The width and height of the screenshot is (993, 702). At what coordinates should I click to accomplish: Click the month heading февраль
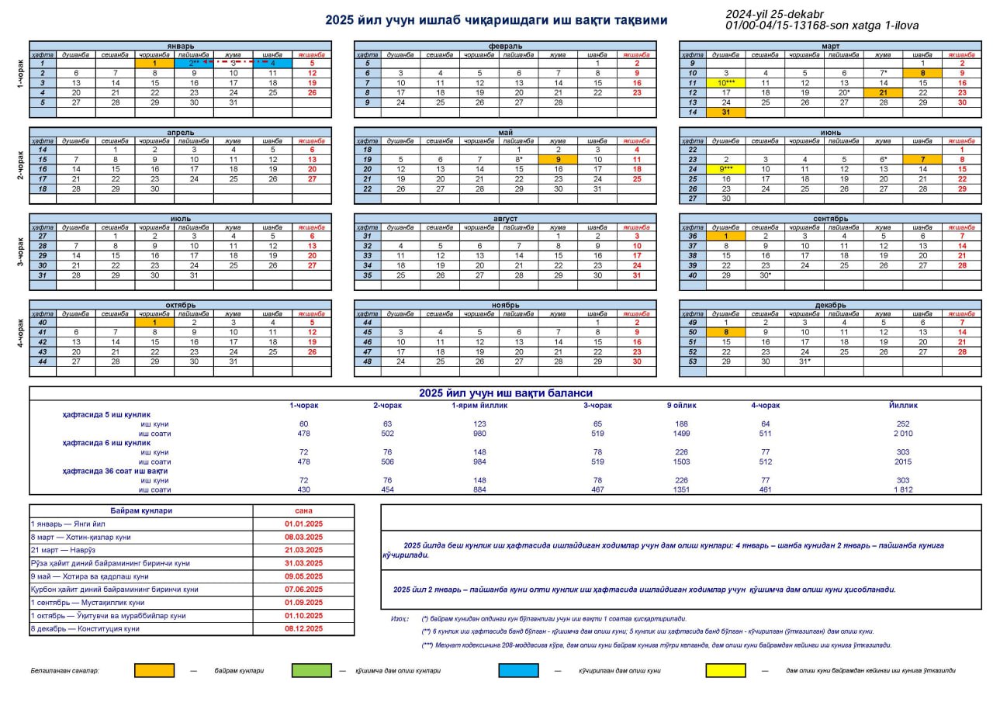tap(505, 46)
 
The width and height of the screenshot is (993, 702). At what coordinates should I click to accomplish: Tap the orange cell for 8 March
tap(922, 73)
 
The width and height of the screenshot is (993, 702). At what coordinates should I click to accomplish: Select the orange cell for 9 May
tap(558, 159)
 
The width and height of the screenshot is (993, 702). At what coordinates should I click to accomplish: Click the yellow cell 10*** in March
tap(726, 83)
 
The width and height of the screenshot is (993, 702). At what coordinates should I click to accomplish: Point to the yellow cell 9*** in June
tap(726, 169)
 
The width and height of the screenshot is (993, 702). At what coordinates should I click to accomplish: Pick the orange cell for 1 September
tap(726, 237)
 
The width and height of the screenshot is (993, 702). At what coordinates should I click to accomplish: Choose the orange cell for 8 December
tap(726, 332)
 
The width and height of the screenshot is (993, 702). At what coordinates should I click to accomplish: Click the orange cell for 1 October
tap(154, 323)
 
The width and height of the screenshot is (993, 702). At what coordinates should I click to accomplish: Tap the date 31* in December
tap(804, 361)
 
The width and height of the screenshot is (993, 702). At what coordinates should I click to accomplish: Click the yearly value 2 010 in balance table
tap(902, 434)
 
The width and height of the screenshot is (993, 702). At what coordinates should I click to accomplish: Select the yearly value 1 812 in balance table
tap(902, 489)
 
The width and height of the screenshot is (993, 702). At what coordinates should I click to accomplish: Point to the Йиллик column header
tap(903, 405)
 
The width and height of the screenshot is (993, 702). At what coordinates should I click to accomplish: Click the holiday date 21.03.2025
tap(303, 550)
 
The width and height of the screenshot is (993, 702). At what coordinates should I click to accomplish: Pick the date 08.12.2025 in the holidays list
tap(303, 629)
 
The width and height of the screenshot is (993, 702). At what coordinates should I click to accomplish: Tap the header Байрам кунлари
tap(141, 511)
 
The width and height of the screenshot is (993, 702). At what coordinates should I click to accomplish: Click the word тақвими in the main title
tap(635, 20)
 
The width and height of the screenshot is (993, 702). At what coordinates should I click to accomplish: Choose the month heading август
tap(505, 219)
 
